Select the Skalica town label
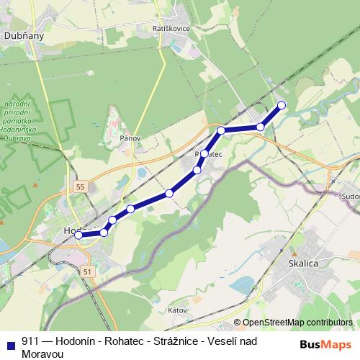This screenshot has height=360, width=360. (x=303, y=264)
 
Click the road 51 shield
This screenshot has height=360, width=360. (x=87, y=271)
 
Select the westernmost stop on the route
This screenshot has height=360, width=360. (x=78, y=235)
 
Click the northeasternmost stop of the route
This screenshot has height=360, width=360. (x=282, y=105)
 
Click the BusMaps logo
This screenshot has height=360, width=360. (x=325, y=343)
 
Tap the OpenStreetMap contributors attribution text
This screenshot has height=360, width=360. (x=297, y=323)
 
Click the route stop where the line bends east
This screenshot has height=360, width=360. (x=222, y=130)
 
